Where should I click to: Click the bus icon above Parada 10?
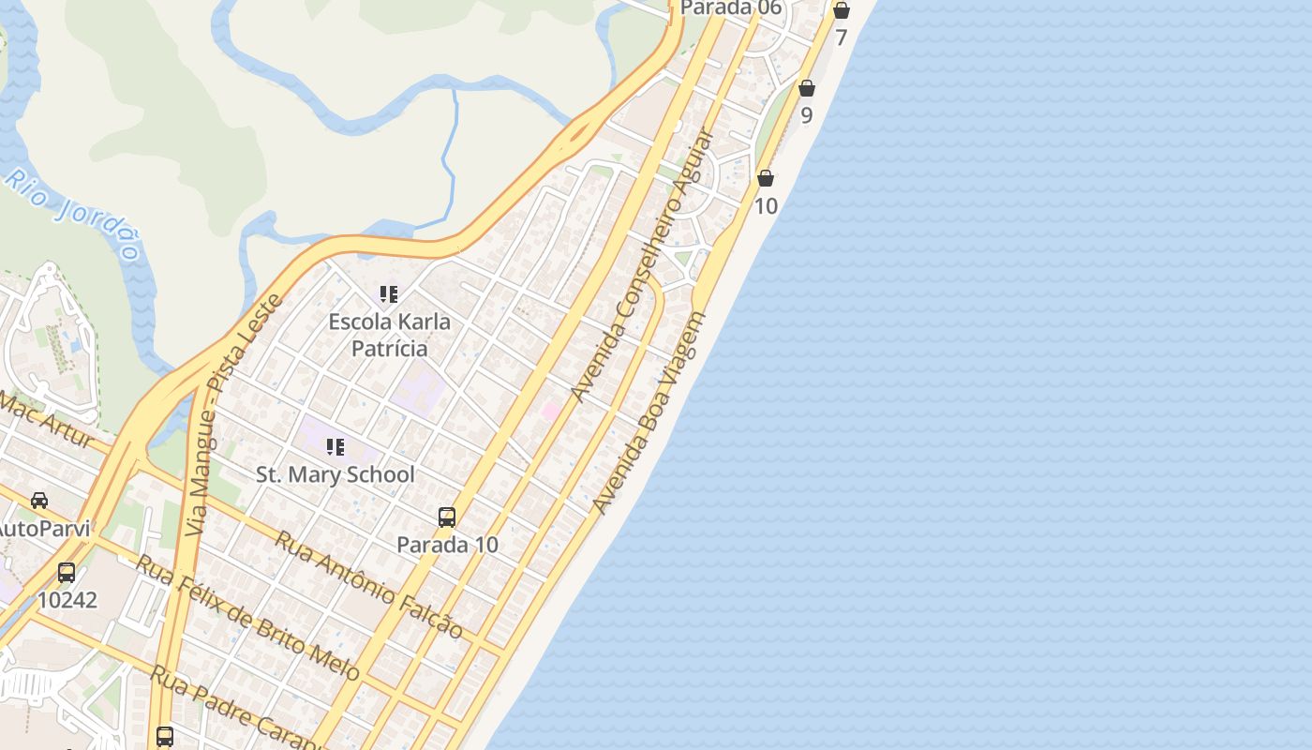click(447, 517)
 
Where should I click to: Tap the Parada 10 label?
click(447, 545)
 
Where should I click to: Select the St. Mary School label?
click(335, 474)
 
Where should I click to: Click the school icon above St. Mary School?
click(335, 447)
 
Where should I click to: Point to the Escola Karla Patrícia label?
click(389, 335)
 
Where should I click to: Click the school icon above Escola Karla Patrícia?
click(389, 294)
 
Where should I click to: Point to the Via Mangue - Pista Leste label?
click(233, 415)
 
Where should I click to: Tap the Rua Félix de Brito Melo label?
click(247, 617)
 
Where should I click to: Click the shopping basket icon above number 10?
click(766, 178)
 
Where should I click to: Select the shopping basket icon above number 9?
click(806, 89)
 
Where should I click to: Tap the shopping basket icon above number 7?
click(841, 10)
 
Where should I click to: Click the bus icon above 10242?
click(67, 572)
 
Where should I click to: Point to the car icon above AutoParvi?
click(39, 501)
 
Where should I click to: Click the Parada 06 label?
click(731, 8)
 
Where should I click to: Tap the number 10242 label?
click(67, 600)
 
